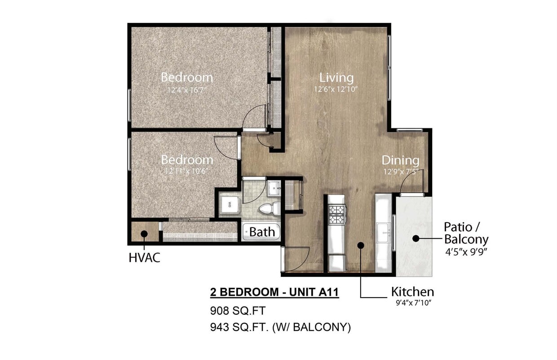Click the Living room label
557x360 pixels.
click(333, 77)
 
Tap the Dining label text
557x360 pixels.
click(400, 160)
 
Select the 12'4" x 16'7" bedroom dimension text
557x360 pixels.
click(186, 89)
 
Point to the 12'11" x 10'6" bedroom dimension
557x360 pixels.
click(186, 171)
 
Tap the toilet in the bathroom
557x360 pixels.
click(271, 208)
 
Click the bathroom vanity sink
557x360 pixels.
click(274, 188)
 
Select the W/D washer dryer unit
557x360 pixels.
click(230, 205)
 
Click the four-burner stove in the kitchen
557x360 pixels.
click(336, 214)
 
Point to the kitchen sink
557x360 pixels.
click(383, 232)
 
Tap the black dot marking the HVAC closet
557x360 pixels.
click(144, 234)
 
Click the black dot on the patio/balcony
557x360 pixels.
click(416, 239)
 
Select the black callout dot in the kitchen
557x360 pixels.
click(360, 245)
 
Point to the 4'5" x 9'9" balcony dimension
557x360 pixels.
click(466, 251)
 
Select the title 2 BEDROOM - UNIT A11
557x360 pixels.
click(274, 293)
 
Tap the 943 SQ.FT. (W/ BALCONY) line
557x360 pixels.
click(280, 327)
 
